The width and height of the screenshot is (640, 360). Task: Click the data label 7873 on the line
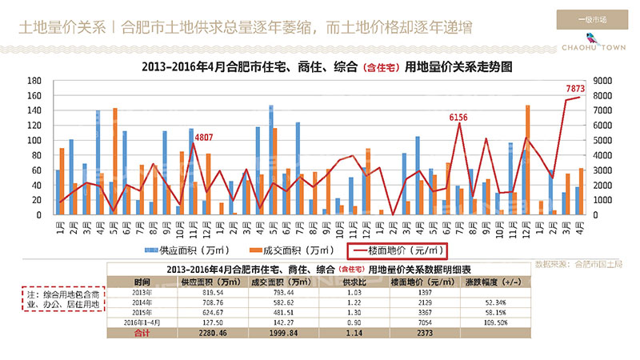[x=576, y=89]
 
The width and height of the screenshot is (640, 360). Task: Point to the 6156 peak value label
[x=458, y=118]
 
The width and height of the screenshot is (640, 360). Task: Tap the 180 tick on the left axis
[x=34, y=82]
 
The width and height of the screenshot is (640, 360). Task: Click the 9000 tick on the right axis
[x=602, y=82]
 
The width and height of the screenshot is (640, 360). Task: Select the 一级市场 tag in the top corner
[x=592, y=18]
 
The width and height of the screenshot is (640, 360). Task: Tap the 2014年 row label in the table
[x=142, y=303]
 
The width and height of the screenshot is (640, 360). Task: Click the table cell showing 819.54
[x=196, y=294]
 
